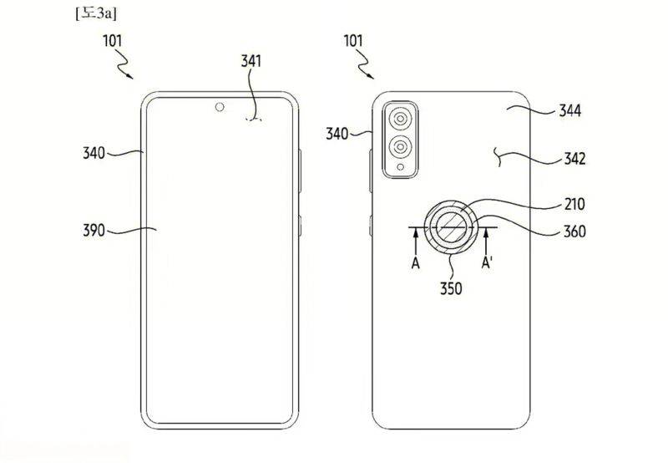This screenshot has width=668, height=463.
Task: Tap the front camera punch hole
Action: tap(220, 107)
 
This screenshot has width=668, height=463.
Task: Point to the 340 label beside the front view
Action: tap(95, 153)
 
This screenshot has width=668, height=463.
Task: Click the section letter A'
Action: tap(490, 262)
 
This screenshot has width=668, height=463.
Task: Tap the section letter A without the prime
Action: tap(415, 262)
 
